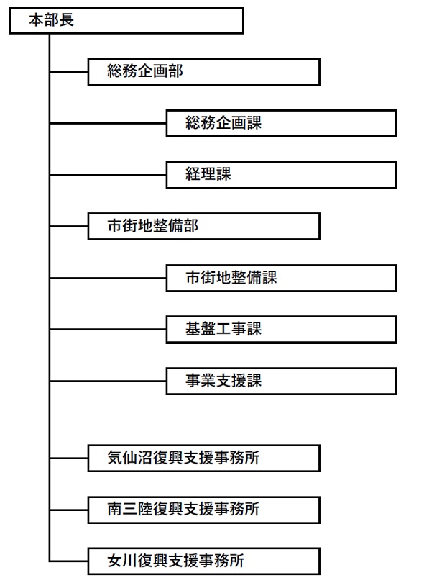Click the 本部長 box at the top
click(x=126, y=21)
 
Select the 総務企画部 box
click(x=204, y=72)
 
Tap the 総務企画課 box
click(x=281, y=124)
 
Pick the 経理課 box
click(x=281, y=175)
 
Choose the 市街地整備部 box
click(x=204, y=227)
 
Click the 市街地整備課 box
click(x=281, y=278)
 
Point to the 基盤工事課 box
click(x=281, y=330)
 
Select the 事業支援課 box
click(x=281, y=381)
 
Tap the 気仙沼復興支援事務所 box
click(x=204, y=458)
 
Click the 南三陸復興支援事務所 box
click(x=204, y=510)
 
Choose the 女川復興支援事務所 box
click(x=204, y=561)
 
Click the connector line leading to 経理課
click(x=108, y=175)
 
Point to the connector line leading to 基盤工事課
click(x=108, y=330)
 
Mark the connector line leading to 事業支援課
click(x=108, y=381)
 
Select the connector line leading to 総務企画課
click(x=108, y=124)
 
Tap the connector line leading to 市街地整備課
click(x=108, y=278)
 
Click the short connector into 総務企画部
click(x=69, y=72)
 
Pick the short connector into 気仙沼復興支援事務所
click(x=69, y=458)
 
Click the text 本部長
click(x=52, y=20)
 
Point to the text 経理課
click(x=208, y=174)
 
